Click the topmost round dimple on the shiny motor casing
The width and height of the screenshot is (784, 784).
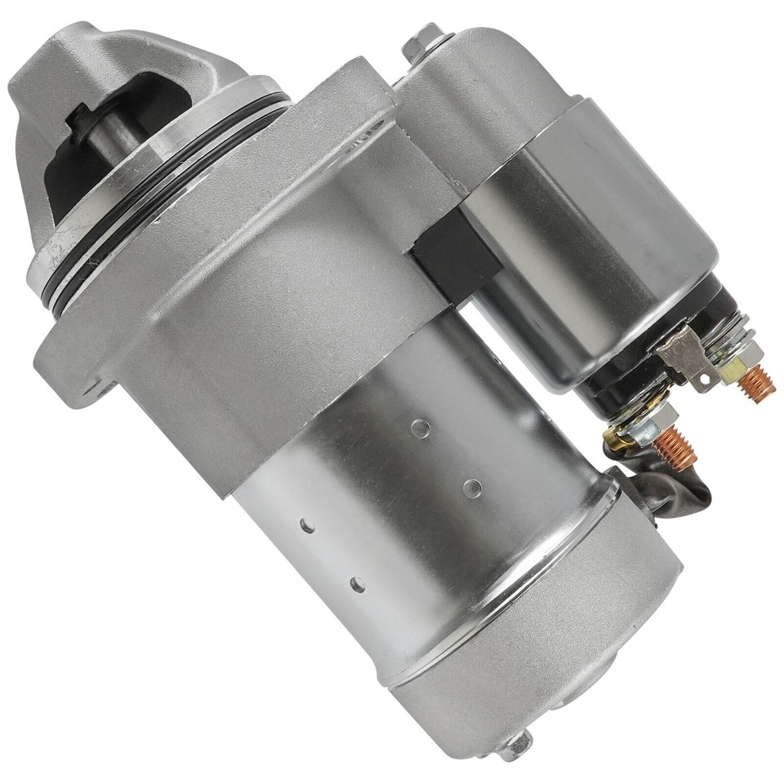[420, 426]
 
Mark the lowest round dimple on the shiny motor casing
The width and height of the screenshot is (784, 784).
[357, 584]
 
